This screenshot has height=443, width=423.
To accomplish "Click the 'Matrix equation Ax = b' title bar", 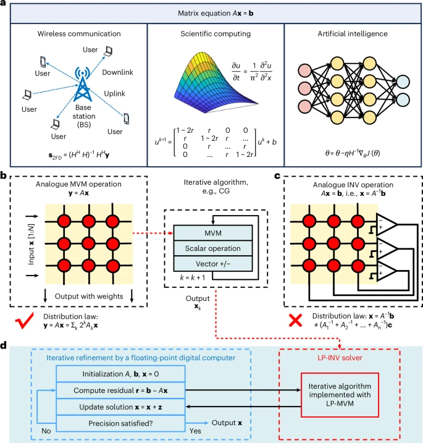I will tap(211, 12).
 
